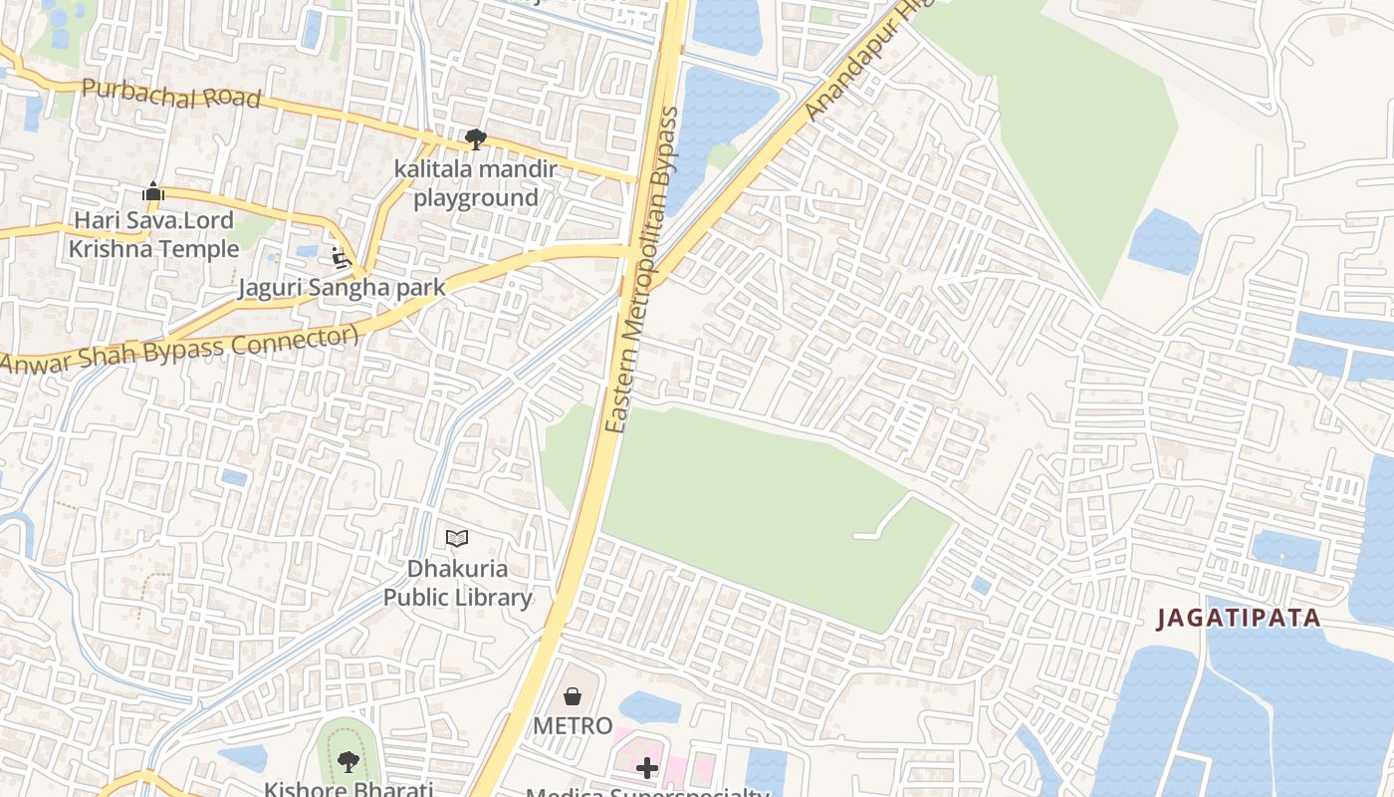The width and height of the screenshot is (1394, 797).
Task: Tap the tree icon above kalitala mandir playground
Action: tap(476, 138)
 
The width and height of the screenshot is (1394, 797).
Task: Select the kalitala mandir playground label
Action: tap(476, 183)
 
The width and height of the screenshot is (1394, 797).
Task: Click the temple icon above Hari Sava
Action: tap(153, 191)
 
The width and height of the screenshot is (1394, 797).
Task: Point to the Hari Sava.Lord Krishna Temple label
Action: tap(153, 234)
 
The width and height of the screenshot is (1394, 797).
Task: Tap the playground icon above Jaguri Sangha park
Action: tap(341, 258)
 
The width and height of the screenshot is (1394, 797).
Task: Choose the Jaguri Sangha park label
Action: tap(341, 288)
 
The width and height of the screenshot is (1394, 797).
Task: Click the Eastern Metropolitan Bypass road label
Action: tap(642, 269)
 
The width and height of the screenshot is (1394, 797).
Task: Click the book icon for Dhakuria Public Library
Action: tap(457, 539)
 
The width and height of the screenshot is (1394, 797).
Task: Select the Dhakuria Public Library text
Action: tap(458, 583)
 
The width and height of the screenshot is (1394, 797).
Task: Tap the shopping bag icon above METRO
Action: tap(573, 695)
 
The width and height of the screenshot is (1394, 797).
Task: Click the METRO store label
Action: tap(573, 725)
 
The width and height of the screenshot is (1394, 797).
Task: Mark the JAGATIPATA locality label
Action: tap(1238, 619)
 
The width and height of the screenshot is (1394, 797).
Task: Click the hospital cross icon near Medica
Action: tap(647, 767)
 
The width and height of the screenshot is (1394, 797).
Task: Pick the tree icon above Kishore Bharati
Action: tap(348, 762)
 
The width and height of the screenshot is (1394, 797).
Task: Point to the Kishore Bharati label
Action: tap(348, 789)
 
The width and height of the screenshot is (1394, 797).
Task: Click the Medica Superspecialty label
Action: tap(647, 792)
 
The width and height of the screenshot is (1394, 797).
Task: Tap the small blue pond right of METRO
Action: tap(649, 707)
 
